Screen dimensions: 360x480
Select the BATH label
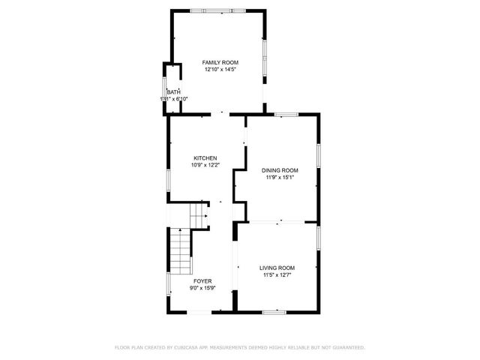(173, 92)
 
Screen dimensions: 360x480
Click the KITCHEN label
(205, 158)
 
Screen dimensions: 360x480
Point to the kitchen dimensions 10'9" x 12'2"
(205, 165)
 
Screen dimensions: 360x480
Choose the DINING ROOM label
(280, 170)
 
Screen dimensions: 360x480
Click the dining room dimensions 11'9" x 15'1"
(280, 178)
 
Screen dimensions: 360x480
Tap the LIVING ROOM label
(277, 268)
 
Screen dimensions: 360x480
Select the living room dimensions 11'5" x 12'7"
(277, 275)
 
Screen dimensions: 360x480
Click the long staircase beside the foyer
(180, 252)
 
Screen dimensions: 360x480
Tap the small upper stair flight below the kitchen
(199, 214)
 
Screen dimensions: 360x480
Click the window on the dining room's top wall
(285, 114)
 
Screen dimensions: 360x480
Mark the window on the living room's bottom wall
(275, 310)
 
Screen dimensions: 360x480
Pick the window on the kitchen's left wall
(167, 180)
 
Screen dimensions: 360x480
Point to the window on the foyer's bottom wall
(204, 310)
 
